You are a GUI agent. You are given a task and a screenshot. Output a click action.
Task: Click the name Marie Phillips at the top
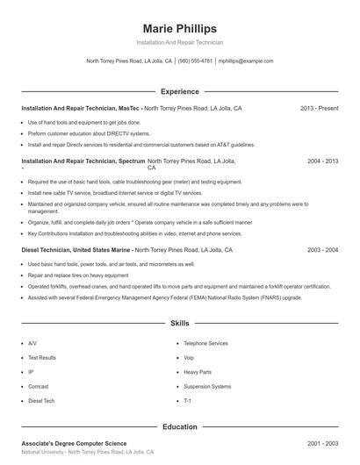coord(180,29)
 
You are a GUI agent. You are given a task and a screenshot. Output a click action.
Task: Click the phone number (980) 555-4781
coord(195,61)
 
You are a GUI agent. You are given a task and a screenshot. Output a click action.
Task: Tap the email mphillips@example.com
coord(246,61)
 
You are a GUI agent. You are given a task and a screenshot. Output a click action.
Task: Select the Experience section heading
coord(180,91)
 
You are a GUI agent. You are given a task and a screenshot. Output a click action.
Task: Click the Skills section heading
coord(180,323)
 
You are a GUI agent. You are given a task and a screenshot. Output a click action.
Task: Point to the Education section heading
coord(180,426)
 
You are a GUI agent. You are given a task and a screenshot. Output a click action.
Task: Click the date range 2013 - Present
coord(319,108)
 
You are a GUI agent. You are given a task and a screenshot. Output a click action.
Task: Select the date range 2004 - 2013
coord(322,161)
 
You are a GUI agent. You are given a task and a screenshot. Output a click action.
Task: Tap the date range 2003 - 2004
coord(322,250)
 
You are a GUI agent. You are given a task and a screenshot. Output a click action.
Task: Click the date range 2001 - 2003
coord(322,444)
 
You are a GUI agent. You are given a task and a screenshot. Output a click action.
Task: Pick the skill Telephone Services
coord(205,343)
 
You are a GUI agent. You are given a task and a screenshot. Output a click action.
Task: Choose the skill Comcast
coord(38,386)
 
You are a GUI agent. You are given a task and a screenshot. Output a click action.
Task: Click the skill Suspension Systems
coord(207,386)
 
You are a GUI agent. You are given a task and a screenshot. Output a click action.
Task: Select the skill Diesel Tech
coord(40,400)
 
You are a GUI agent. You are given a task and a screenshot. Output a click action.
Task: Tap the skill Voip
coord(189,358)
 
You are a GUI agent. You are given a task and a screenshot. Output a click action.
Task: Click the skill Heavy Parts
coord(198,372)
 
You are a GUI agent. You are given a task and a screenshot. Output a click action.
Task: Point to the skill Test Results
coord(42,358)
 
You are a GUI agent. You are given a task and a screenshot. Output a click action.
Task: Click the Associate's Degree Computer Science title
coord(74,444)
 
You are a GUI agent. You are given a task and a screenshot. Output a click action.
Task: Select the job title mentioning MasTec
coord(80,108)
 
